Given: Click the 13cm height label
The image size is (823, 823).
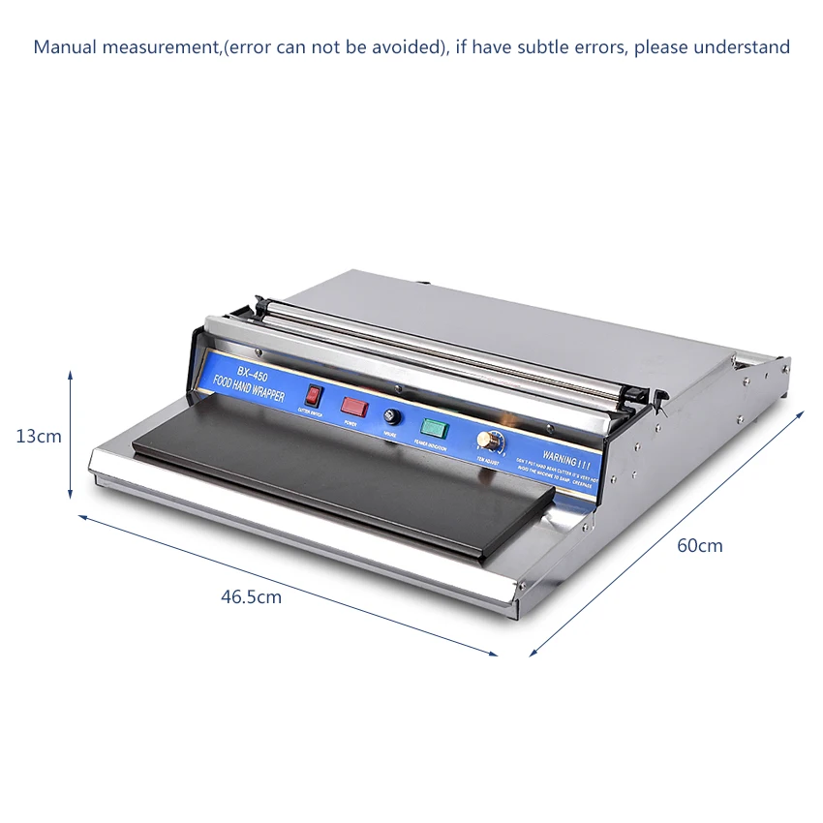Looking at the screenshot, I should [x=39, y=437].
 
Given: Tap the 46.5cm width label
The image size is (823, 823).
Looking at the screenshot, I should [x=251, y=597].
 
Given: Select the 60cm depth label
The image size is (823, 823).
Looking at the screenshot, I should [x=699, y=546].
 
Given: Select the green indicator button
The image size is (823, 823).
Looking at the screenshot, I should [x=429, y=427].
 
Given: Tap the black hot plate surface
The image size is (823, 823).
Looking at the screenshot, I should [x=339, y=484].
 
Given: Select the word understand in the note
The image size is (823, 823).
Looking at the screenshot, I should [x=745, y=46].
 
